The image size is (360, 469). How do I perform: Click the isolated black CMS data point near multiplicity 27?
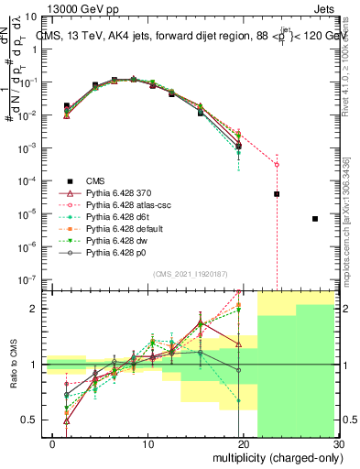coord(315,219)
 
